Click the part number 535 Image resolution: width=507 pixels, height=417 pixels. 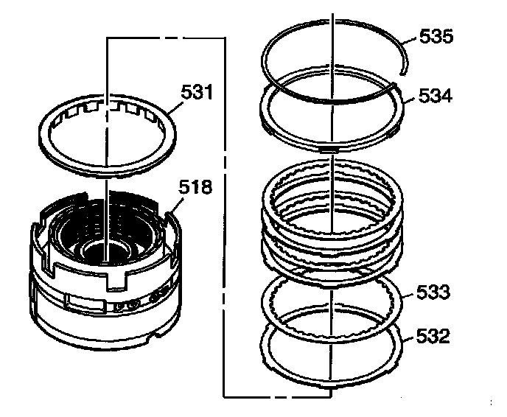pos(436,36)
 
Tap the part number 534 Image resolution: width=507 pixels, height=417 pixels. pos(436,96)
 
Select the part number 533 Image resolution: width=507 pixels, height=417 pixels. pos(433,292)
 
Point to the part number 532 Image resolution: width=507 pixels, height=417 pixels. pos(433,336)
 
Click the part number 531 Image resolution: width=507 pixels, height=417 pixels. pos(197,92)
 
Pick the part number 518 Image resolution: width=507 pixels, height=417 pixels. pos(195,187)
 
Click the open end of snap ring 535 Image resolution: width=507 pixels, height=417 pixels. pos(402,74)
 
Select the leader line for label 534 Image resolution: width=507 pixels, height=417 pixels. pos(408,99)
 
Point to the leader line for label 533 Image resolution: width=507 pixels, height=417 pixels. pos(408,295)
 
